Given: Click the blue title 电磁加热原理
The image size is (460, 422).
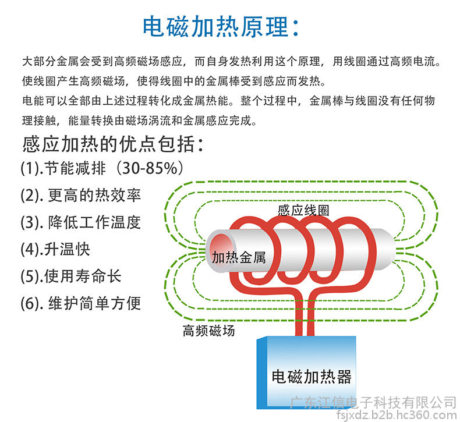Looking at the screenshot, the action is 215,27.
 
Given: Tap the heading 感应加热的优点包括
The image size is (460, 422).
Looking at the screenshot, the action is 108,144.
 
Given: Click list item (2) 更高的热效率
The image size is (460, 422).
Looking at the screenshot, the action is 81,196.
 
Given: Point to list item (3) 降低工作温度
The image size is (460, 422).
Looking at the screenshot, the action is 81,222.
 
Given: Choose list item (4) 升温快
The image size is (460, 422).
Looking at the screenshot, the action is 55,249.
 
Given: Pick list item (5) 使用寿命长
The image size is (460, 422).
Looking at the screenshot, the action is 70,276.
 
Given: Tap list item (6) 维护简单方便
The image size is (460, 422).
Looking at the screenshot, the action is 81,303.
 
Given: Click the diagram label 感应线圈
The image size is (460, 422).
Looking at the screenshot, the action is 303,210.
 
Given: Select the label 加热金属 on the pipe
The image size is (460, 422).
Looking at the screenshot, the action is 239,257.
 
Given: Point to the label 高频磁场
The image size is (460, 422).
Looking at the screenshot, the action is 208,331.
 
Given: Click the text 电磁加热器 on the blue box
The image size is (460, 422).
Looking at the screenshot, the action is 312,377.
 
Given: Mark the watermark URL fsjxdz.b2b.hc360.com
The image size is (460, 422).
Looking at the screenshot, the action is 398,415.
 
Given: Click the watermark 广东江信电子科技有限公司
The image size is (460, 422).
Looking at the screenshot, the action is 373,402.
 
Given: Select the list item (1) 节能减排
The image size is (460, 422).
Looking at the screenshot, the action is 63,169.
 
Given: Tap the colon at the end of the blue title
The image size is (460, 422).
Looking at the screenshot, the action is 296,28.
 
